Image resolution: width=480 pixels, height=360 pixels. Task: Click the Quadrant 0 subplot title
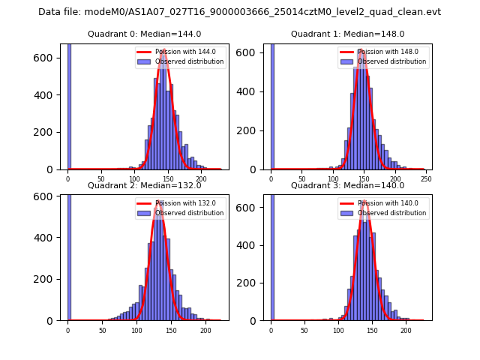pyautogui.click(x=144, y=34)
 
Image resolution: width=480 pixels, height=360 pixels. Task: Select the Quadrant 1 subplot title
pyautogui.click(x=347, y=34)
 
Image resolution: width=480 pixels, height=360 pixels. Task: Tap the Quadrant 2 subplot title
pyautogui.click(x=144, y=185)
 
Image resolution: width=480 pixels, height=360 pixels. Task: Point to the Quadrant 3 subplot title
pyautogui.click(x=347, y=185)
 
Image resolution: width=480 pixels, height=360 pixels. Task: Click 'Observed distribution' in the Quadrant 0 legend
pyautogui.click(x=189, y=61)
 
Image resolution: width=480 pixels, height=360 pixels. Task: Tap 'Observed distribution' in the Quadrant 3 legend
pyautogui.click(x=392, y=213)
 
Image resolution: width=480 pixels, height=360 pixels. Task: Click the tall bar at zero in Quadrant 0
pyautogui.click(x=69, y=105)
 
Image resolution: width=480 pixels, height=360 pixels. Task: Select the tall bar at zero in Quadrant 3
pyautogui.click(x=272, y=255)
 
